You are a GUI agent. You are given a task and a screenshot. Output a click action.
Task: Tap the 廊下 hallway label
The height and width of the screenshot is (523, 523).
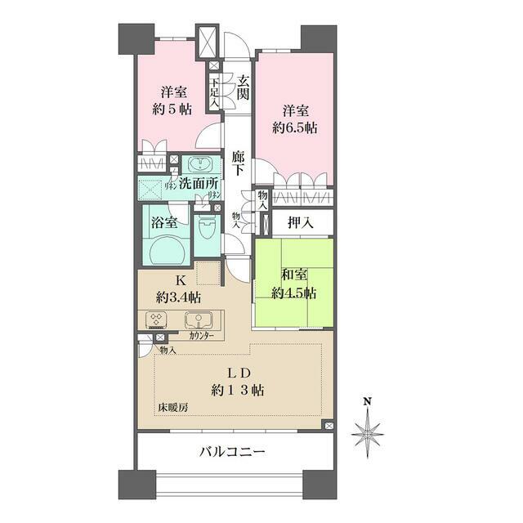238,163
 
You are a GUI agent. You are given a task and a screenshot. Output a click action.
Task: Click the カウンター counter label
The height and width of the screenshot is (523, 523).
201,336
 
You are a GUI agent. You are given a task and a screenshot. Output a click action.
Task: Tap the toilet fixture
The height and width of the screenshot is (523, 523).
208,230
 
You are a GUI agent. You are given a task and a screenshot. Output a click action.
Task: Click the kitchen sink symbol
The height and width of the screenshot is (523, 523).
196,320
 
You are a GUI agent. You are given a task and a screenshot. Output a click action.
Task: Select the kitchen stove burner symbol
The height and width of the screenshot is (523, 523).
156,320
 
